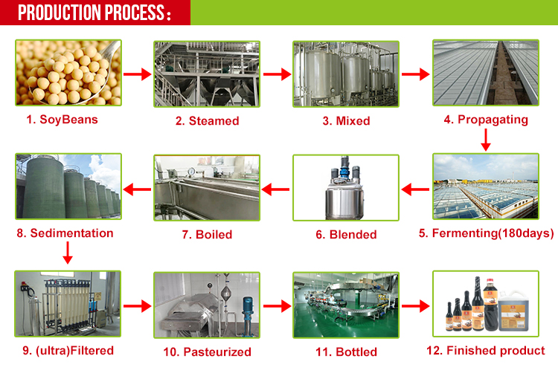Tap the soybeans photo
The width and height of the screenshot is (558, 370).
pyautogui.click(x=68, y=73)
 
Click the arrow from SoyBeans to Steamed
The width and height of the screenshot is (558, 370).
pyautogui.click(x=137, y=74)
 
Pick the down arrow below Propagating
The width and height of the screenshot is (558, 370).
pyautogui.click(x=485, y=139)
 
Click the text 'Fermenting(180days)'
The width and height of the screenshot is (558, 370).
pyautogui.click(x=492, y=233)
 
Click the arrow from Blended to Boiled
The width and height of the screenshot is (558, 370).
pyautogui.click(x=275, y=189)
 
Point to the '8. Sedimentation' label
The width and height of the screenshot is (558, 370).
pyautogui.click(x=65, y=233)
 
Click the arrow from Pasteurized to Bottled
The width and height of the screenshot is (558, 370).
pyautogui.click(x=276, y=305)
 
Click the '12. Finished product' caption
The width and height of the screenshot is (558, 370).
pyautogui.click(x=487, y=351)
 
